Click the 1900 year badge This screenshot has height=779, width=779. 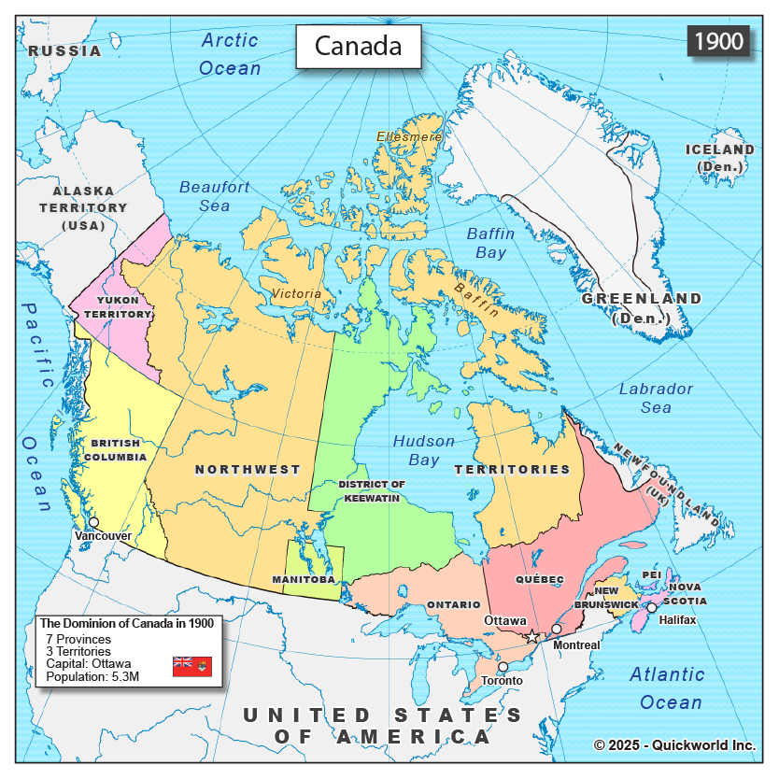[x=718, y=41]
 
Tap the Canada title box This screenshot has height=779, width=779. [x=358, y=46]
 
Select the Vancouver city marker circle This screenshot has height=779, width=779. [x=93, y=522]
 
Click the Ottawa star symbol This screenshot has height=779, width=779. [x=532, y=637]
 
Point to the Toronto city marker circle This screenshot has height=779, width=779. [x=503, y=667]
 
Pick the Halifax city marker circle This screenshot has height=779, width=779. [x=652, y=607]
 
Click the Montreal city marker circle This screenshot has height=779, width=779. [x=557, y=629]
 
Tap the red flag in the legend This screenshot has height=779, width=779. [x=192, y=666]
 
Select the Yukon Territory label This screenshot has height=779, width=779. [x=118, y=307]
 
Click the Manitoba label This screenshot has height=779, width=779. [x=304, y=580]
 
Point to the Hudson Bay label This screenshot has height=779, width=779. [x=424, y=450]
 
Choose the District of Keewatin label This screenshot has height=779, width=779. [x=371, y=491]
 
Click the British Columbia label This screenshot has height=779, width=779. [x=116, y=450]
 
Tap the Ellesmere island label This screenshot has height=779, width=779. [x=409, y=136]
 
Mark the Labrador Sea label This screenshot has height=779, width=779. [x=656, y=398]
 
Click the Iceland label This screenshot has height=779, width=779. [x=719, y=157]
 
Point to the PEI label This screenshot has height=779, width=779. [x=651, y=574]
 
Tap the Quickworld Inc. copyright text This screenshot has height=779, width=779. [x=675, y=744]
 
